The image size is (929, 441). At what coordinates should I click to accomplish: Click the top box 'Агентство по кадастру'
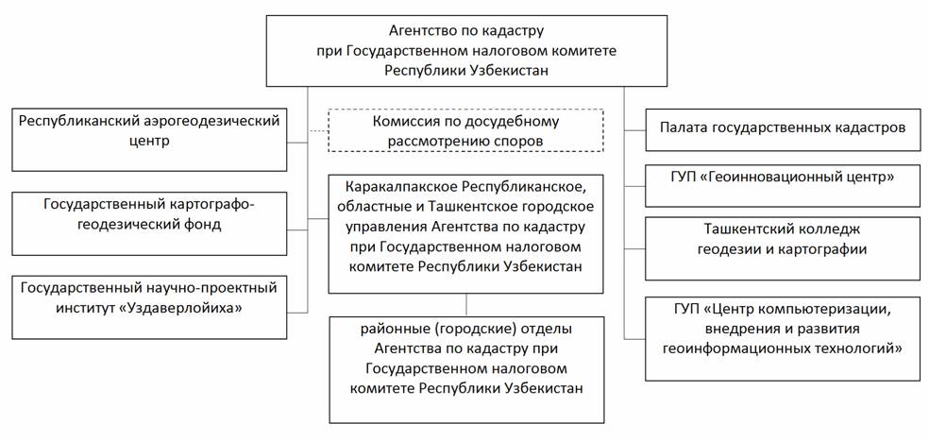pos(466,50)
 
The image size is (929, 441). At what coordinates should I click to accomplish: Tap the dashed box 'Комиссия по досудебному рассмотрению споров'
pos(464,130)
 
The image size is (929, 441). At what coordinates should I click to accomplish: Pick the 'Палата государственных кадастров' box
pos(782,127)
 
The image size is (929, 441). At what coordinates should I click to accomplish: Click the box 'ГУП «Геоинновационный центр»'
pos(782,185)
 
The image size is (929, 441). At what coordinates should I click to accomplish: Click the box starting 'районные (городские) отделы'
pos(466,368)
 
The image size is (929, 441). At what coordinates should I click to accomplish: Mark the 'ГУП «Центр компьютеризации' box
pos(782,338)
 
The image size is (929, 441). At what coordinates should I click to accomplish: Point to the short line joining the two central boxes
pos(466,305)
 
